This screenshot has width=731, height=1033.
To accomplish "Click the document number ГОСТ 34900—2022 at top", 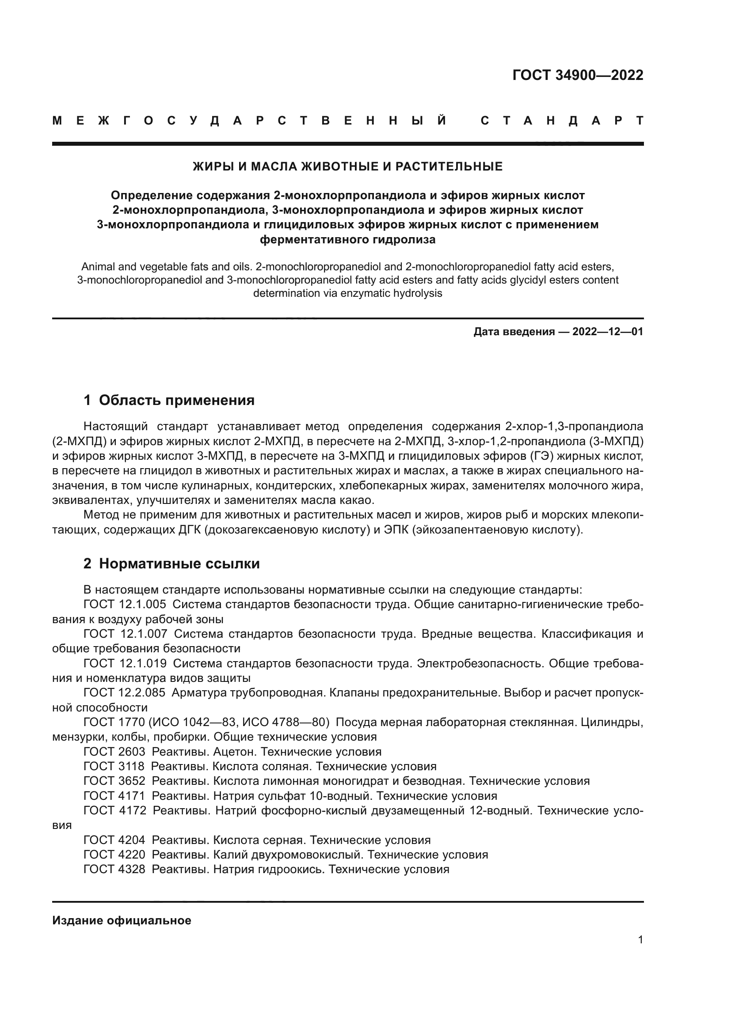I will point(578,75).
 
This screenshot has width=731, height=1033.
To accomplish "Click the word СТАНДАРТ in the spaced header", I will point(562,121).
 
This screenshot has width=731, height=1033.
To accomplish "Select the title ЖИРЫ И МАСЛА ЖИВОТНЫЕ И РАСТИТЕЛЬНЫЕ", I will point(347,166).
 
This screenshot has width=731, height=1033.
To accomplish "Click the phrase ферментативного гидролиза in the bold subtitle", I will point(347,239).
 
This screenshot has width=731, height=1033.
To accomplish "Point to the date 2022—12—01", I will point(608,332).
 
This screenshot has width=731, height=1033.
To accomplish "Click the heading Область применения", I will point(176,400).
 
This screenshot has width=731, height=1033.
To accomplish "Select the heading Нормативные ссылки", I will point(179,563).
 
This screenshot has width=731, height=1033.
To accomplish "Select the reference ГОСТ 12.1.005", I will point(125,604).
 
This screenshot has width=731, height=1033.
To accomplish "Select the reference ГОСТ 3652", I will point(114,780).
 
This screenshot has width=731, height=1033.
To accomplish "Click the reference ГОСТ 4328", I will point(114,869).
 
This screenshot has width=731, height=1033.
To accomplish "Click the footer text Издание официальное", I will point(122,920).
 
